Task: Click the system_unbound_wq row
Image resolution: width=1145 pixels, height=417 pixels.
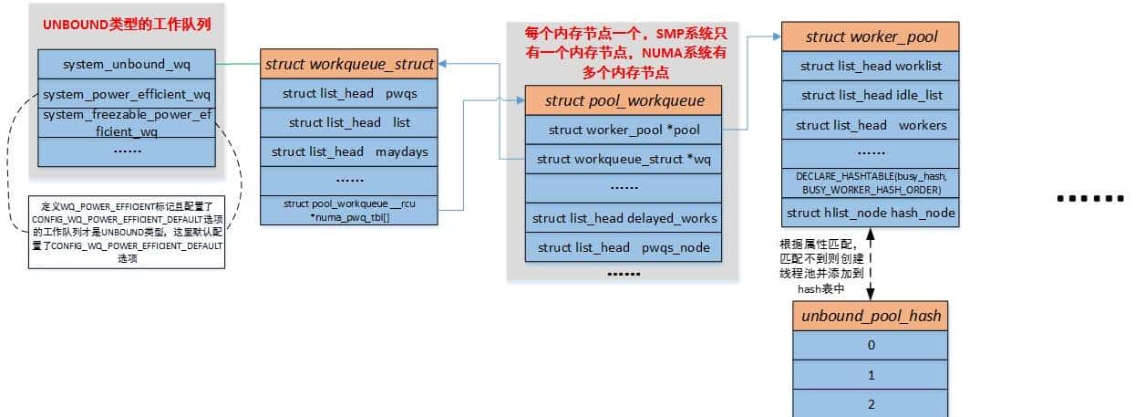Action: pyautogui.click(x=127, y=64)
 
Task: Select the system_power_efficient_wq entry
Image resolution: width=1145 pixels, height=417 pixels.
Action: pyautogui.click(x=127, y=94)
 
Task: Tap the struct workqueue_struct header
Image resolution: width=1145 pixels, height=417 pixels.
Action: pyautogui.click(x=348, y=64)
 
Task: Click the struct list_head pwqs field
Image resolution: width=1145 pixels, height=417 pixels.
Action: pyautogui.click(x=348, y=93)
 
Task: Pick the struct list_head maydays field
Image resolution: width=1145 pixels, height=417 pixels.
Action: pyautogui.click(x=348, y=151)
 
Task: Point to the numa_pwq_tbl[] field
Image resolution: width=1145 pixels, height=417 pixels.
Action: pyautogui.click(x=348, y=210)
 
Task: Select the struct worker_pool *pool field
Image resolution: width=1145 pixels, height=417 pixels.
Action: pyautogui.click(x=624, y=130)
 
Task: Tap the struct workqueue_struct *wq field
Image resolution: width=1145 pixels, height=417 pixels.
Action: pyautogui.click(x=624, y=159)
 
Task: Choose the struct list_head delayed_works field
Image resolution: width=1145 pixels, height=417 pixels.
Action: pyautogui.click(x=624, y=218)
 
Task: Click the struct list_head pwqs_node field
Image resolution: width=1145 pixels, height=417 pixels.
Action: pyautogui.click(x=624, y=247)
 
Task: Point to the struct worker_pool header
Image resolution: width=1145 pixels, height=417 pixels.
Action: pyautogui.click(x=871, y=36)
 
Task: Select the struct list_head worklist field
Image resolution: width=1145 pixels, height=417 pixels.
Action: pyautogui.click(x=871, y=66)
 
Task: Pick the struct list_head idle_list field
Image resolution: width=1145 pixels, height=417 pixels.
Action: pyautogui.click(x=871, y=95)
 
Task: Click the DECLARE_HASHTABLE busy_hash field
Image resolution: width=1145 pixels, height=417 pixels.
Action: pyautogui.click(x=871, y=182)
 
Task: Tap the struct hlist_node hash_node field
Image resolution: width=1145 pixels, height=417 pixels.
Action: pyautogui.click(x=871, y=213)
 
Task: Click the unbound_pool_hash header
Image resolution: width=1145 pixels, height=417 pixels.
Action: pyautogui.click(x=871, y=316)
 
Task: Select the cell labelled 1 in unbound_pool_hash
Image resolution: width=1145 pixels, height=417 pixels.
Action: pyautogui.click(x=871, y=374)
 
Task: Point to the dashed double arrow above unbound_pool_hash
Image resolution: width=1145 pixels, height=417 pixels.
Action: pyautogui.click(x=871, y=263)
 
